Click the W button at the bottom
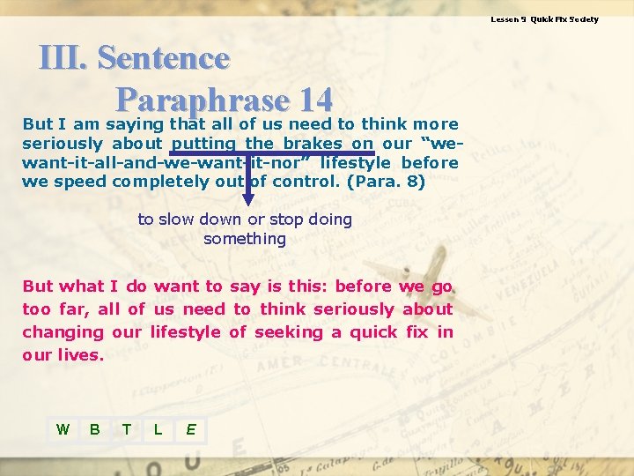pos(63,429)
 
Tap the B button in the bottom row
pos(94,429)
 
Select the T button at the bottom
pos(127,429)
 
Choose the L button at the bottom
pos(158,429)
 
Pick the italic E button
pos(190,429)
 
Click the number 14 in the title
pos(315,98)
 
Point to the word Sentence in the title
pos(163,58)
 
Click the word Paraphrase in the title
pos(202,98)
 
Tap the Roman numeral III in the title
pos(63,58)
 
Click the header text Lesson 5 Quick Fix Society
pos(544,19)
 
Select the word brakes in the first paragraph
pos(313,144)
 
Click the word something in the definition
pos(245,239)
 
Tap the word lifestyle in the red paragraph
pos(186,332)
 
